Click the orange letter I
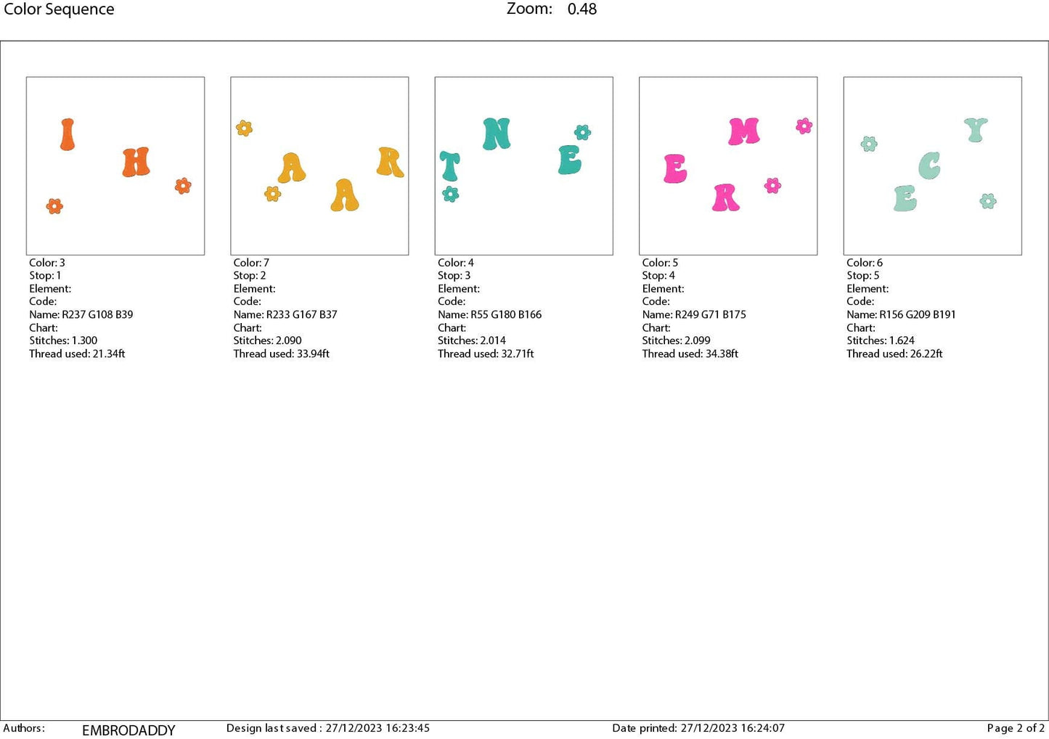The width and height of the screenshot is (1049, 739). pos(68,134)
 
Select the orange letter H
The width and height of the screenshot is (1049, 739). pos(136,163)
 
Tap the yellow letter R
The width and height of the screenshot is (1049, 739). pos(390,162)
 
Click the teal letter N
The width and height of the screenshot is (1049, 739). pos(497,134)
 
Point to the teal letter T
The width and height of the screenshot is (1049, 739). pos(449,166)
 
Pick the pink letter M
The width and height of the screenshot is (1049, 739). pos(744,131)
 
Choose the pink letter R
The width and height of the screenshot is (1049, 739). pos(725,197)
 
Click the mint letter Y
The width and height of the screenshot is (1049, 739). pos(976,130)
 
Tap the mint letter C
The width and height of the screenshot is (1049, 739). pos(929,166)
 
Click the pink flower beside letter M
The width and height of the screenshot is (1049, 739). pos(804,126)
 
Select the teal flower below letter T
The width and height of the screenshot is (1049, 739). pos(451,194)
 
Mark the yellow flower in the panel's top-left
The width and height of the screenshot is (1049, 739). pos(244,128)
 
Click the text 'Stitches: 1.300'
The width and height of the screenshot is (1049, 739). pos(63,340)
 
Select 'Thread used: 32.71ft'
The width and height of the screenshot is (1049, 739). pos(486,354)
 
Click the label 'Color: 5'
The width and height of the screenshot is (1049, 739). pos(660,263)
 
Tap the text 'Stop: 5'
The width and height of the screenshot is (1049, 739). pos(862,276)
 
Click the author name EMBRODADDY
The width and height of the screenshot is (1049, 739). pos(128,730)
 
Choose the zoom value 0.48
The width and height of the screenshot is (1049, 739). pos(582,9)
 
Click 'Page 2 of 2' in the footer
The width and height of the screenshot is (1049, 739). pos(1015,728)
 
